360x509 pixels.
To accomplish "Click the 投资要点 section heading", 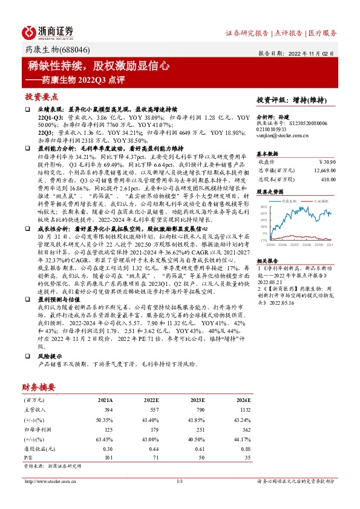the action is coord(41,97).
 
